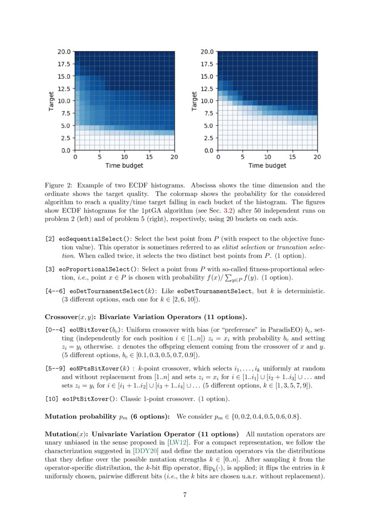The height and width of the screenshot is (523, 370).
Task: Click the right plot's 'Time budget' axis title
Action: point(267,166)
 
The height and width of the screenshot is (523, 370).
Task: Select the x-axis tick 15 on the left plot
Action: point(149,157)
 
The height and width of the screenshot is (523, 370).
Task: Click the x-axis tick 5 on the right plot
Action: point(242,157)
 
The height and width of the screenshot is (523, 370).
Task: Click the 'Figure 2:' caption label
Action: point(59,185)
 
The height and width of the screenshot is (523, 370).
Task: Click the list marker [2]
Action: point(50,239)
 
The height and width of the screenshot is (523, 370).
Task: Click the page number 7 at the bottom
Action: point(185,495)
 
